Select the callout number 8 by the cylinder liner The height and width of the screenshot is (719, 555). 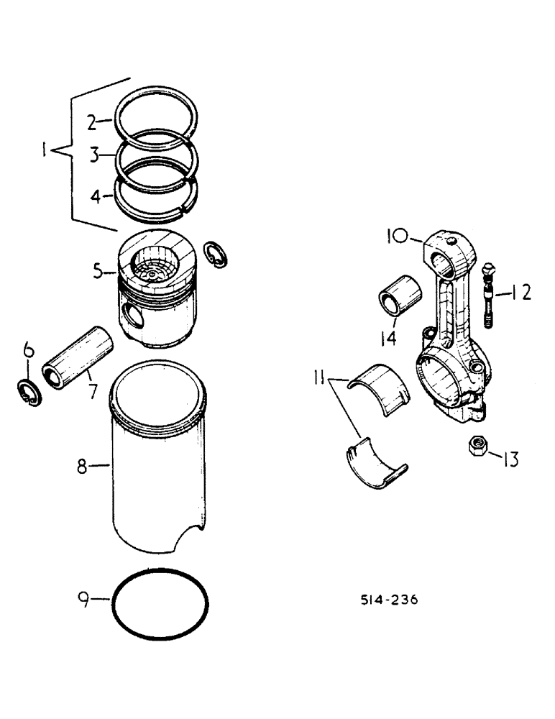click(83, 467)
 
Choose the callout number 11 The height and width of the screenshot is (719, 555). click(321, 376)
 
